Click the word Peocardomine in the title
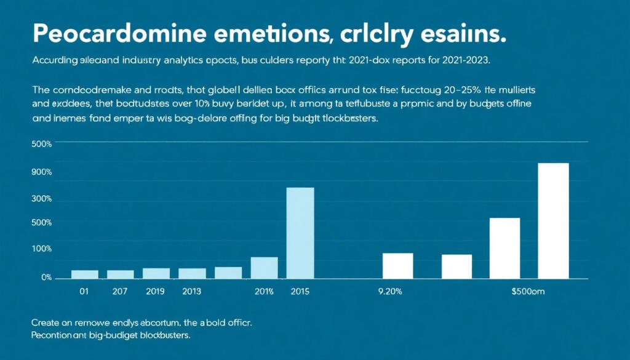111,34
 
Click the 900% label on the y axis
42,172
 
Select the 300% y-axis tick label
42,199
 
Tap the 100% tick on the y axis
42,249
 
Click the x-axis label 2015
300,292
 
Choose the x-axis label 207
120,292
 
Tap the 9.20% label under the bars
389,292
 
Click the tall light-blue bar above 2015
300,233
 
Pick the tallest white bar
553,220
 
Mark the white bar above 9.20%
397,265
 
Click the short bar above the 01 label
84,274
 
